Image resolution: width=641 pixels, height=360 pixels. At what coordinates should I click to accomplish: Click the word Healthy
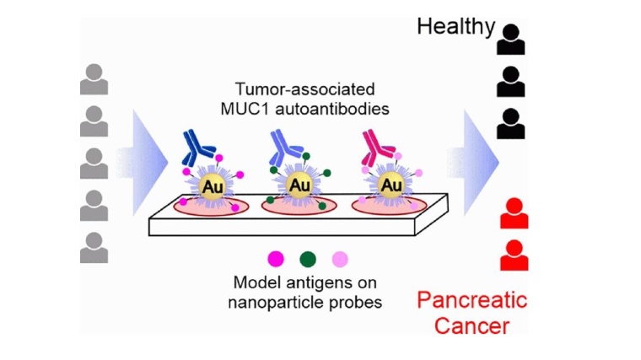456,26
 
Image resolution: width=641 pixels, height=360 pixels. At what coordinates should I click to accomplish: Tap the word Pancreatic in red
473,300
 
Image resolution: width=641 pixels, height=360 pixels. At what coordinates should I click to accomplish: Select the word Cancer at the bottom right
472,325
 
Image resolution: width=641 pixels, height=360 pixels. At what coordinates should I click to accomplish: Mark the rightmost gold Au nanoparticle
391,184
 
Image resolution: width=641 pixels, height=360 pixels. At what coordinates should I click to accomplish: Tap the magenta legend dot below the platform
275,258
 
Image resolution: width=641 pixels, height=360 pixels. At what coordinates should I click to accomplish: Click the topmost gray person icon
94,80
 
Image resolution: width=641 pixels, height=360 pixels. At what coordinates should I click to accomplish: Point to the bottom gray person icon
94,247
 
